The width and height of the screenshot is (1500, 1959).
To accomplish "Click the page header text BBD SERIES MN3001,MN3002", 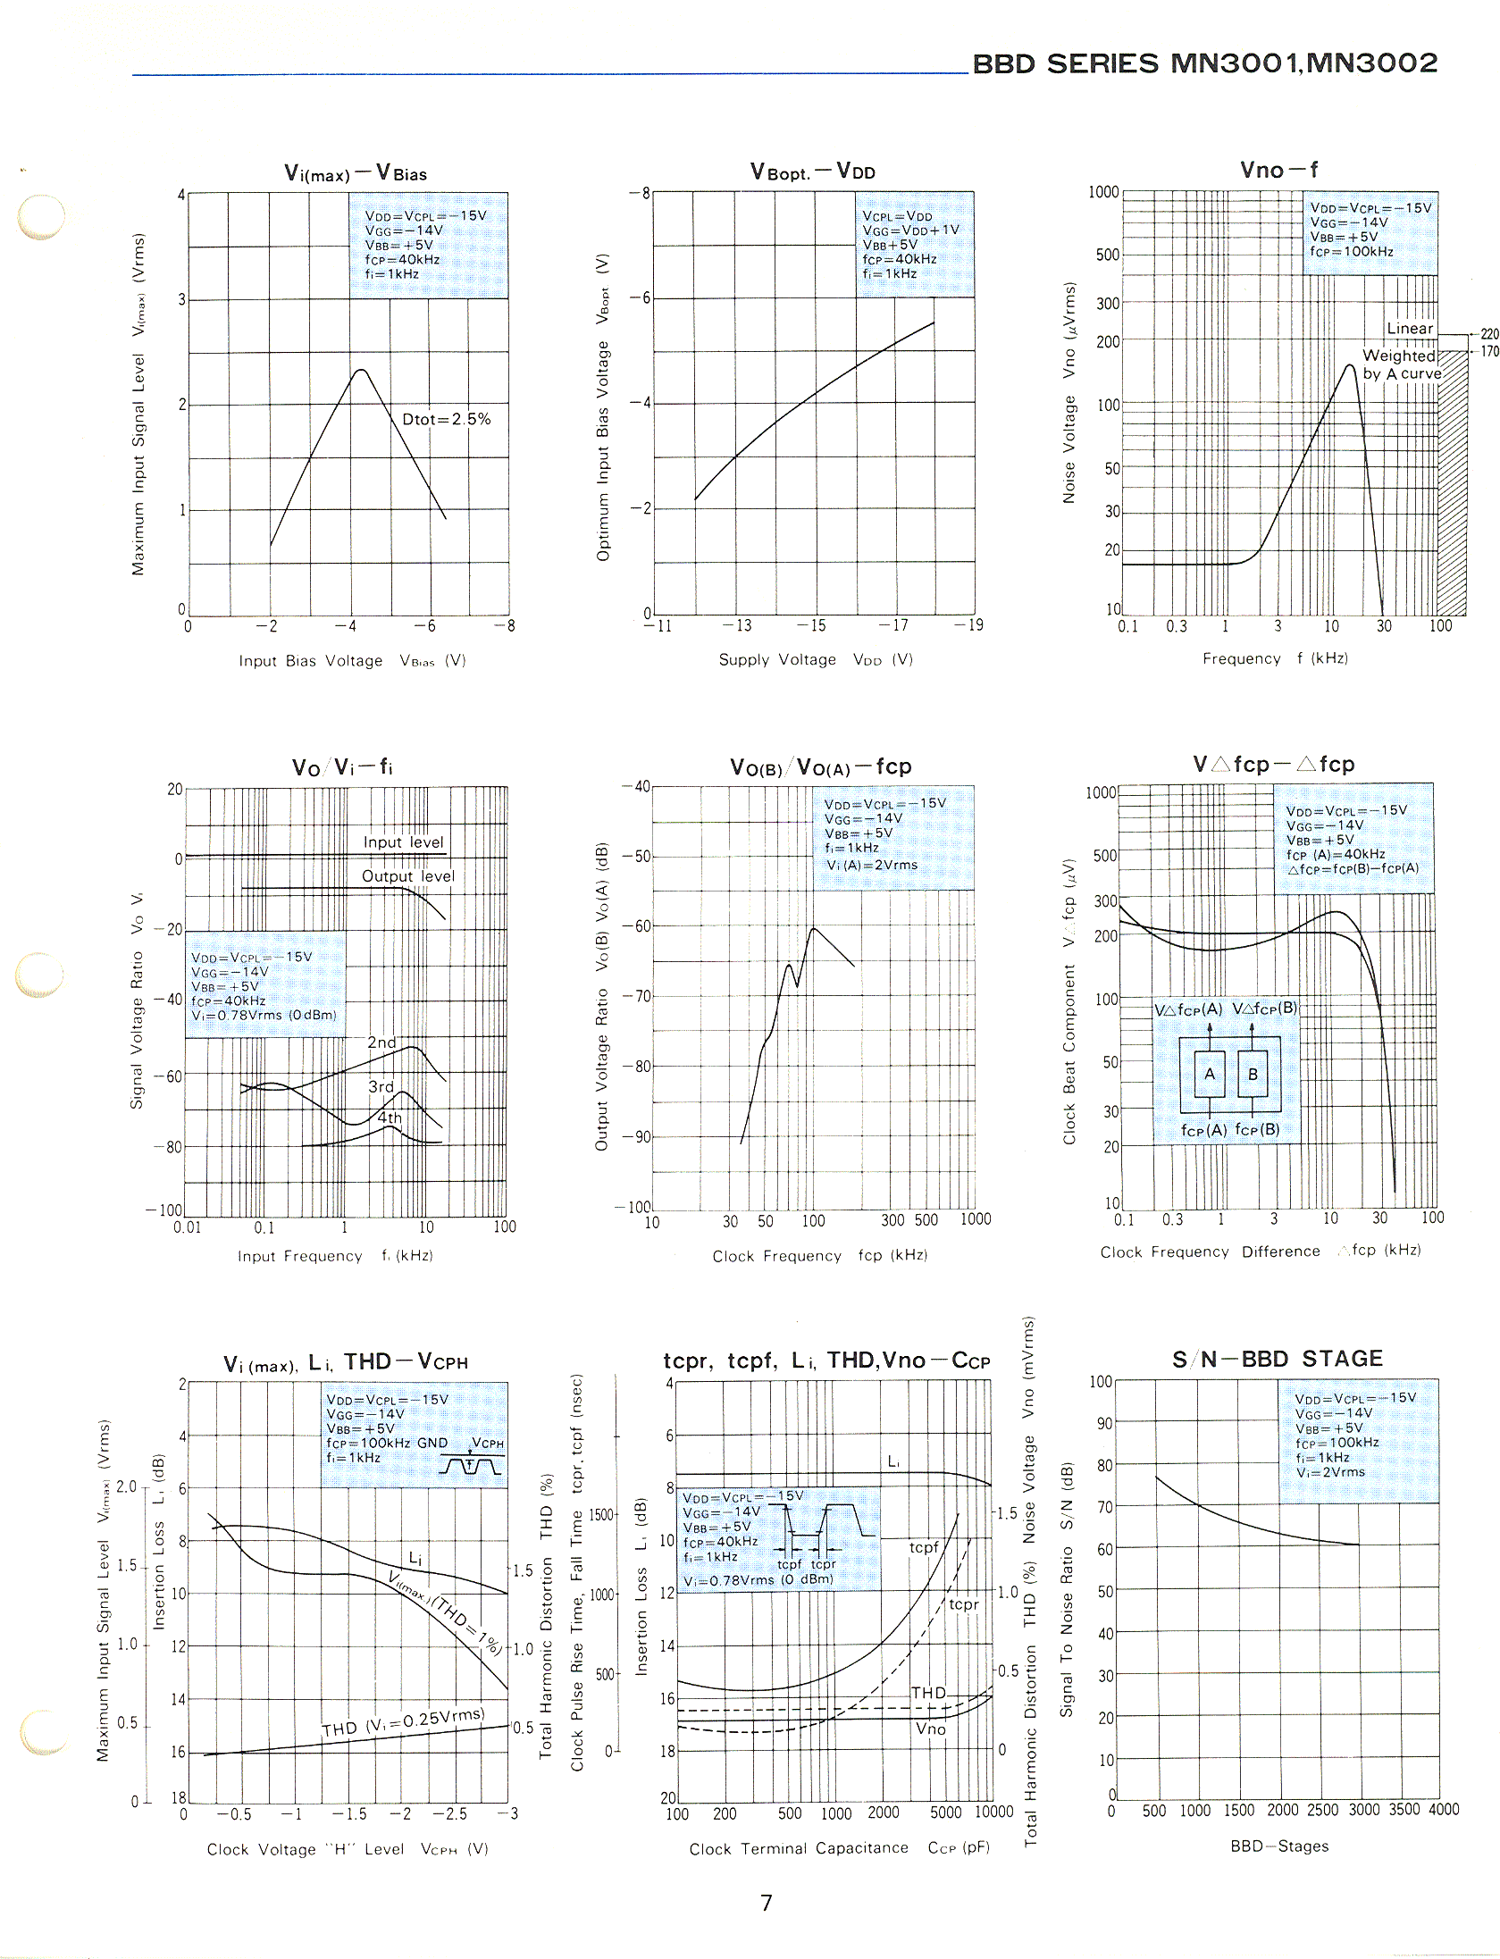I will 1204,63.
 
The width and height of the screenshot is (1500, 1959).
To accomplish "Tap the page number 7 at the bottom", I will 766,1903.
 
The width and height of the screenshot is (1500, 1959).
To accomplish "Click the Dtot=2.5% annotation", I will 446,419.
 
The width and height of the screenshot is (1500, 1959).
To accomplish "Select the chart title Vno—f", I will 1278,170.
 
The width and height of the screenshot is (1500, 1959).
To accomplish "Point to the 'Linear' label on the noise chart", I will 1410,329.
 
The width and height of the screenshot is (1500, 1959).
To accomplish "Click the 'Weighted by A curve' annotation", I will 1401,364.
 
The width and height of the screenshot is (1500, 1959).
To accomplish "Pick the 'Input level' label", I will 403,842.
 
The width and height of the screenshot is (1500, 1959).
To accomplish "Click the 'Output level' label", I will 407,876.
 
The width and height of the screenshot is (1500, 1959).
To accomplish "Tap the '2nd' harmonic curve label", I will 381,1042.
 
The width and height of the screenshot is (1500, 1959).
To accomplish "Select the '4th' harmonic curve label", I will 390,1118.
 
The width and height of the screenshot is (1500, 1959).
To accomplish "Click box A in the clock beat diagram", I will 1210,1074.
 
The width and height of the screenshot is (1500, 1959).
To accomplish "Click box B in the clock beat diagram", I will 1253,1074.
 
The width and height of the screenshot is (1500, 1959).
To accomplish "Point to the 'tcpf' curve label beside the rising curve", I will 924,1547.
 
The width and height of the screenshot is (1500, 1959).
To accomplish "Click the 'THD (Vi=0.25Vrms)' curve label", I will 403,1721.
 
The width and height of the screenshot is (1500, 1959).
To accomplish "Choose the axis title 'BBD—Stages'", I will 1278,1846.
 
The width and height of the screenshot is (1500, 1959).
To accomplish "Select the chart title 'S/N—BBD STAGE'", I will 1278,1359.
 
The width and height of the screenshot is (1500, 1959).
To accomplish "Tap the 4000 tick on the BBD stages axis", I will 1444,1809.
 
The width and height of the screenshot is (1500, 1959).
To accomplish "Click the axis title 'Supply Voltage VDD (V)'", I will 815,659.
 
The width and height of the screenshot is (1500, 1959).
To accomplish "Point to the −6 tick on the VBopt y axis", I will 641,297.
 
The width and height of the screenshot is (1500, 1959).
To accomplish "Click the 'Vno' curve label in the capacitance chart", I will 930,1729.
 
